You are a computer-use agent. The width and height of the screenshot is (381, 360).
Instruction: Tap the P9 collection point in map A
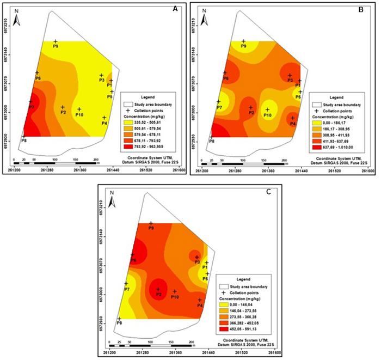point(56,41)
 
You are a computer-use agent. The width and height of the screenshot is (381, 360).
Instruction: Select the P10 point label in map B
point(267,115)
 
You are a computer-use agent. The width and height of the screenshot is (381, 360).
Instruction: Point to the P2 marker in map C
point(158,289)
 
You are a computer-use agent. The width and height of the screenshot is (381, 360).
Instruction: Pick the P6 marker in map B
point(224,72)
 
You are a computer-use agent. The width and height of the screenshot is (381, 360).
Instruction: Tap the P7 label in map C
point(126,289)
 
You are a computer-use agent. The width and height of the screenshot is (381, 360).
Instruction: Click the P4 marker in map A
point(104,117)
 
